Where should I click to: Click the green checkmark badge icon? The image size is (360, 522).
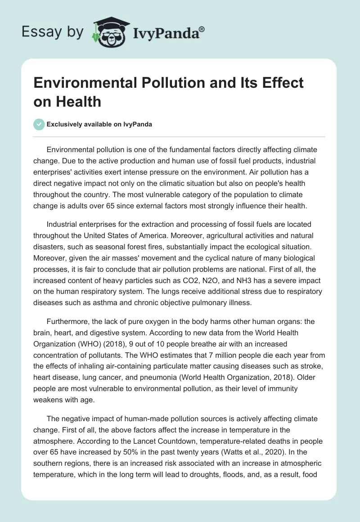coord(39,124)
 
